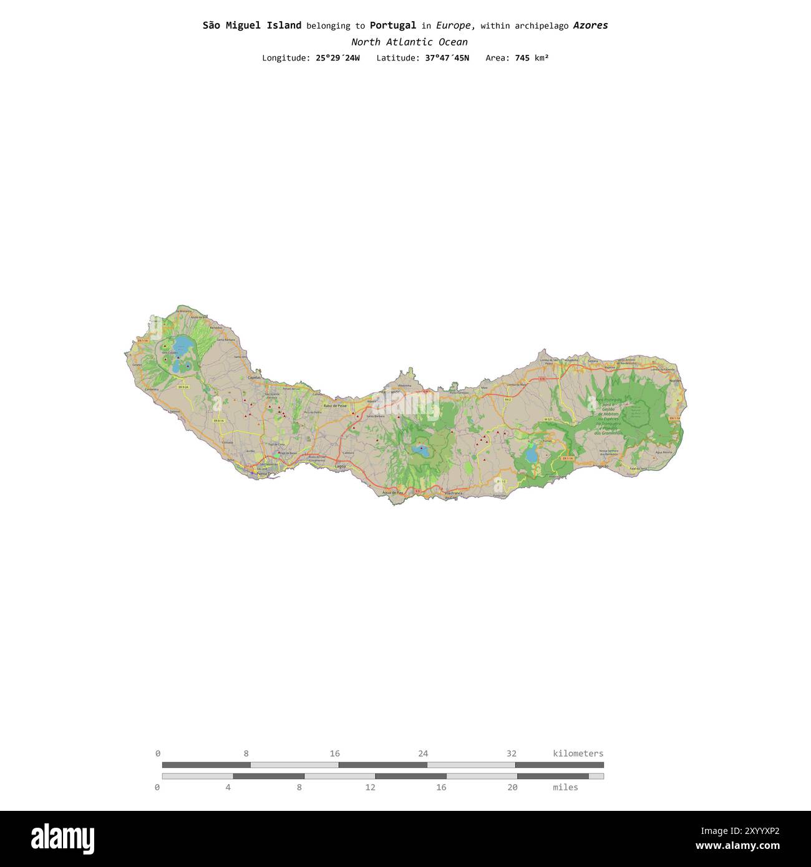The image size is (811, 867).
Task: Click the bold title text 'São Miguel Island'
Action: click(251, 26)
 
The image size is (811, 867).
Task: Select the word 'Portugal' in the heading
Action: click(392, 26)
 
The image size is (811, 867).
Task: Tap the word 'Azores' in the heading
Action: click(590, 26)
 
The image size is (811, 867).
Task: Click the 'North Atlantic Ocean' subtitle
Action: click(409, 42)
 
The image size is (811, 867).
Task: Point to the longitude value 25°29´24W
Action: click(338, 58)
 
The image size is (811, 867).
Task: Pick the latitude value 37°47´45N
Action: click(442, 58)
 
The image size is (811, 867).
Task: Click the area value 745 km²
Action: click(532, 58)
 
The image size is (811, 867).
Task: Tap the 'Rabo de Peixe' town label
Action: click(335, 405)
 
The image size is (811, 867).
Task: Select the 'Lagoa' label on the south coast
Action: click(340, 466)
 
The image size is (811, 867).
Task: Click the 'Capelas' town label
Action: click(255, 377)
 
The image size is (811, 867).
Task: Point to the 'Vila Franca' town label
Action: click(454, 493)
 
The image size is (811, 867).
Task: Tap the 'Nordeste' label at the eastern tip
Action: click(674, 380)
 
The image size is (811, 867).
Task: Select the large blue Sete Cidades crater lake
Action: click(183, 344)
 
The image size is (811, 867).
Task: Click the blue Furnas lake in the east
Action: click(531, 455)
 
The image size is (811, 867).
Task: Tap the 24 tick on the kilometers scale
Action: click(423, 753)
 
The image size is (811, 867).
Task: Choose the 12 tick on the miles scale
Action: click(371, 787)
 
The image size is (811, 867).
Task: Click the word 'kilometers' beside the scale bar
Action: click(578, 753)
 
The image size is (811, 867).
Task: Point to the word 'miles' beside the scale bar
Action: click(565, 787)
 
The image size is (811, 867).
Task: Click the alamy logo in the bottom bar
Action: click(63, 838)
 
